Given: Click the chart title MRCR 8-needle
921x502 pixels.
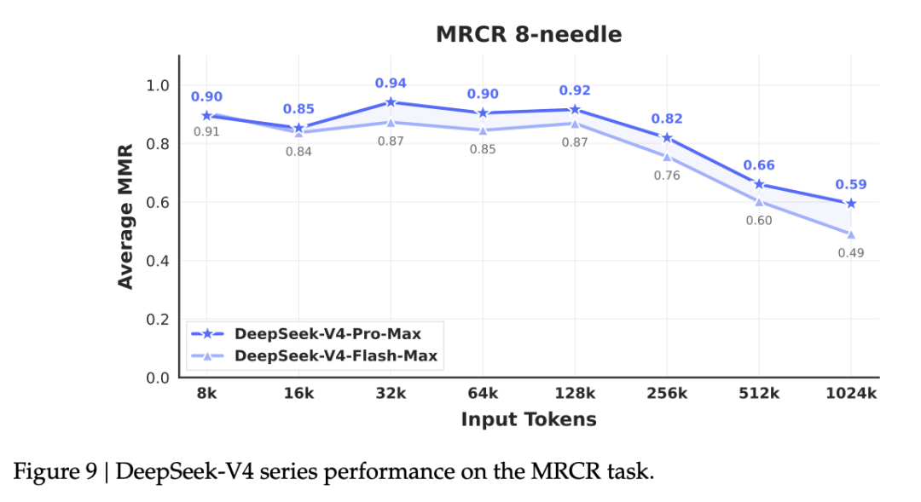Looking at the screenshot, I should tap(528, 35).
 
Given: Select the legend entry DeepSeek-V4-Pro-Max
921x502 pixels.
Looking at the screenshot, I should tap(327, 333).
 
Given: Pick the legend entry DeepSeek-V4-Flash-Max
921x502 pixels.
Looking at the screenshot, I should tap(335, 355).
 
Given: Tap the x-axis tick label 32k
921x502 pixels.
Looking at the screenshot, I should tap(391, 393).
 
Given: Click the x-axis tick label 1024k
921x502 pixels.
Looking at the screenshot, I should tap(850, 393).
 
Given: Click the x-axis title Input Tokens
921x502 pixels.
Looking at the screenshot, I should tap(528, 419).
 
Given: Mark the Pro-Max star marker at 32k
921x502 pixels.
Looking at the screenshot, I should tap(391, 102).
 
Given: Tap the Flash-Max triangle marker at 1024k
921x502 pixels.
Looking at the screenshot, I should tap(850, 234).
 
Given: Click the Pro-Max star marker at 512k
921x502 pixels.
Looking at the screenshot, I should tap(759, 184).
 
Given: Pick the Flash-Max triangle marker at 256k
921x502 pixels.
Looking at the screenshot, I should tap(667, 156).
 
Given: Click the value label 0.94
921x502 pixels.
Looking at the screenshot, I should tap(391, 84).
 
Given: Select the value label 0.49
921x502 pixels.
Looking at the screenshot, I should tap(850, 253).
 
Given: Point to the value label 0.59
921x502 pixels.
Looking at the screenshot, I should tap(850, 184).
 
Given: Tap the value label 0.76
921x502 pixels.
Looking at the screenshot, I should tap(667, 176).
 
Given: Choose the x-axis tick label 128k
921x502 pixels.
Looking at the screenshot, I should tap(575, 393).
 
